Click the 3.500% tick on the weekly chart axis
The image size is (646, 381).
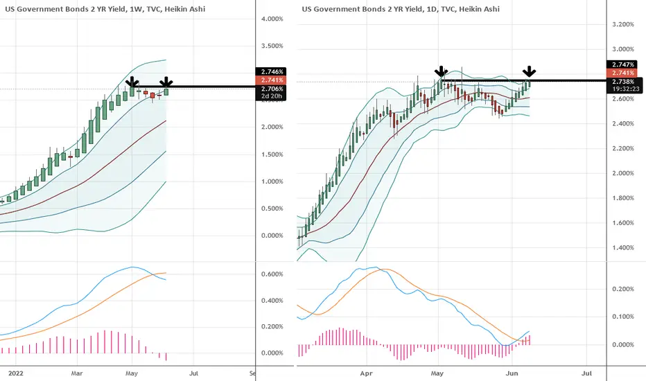tap(272, 46)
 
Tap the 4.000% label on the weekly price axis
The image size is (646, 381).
tap(272, 19)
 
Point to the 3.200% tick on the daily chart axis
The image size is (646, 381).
tap(623, 24)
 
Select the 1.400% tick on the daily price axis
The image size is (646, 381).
tap(623, 247)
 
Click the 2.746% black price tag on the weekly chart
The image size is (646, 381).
tap(271, 71)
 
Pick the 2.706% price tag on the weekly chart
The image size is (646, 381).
tap(272, 89)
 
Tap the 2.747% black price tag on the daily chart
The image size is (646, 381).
tap(622, 64)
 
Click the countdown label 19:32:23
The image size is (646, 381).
tap(625, 89)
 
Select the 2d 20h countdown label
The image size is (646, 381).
tap(272, 96)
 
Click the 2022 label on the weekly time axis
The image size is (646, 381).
tap(16, 373)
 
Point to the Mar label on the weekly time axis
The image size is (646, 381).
tap(77, 373)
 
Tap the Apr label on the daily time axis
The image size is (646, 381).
tap(366, 373)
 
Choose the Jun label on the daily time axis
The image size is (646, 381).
tap(512, 373)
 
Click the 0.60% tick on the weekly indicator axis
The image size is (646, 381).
tap(272, 274)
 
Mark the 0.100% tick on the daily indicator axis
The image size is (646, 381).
tap(623, 317)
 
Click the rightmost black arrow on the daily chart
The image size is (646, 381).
tap(530, 71)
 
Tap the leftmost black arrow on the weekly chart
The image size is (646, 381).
tap(132, 82)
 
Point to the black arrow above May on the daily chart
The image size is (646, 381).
tap(442, 71)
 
